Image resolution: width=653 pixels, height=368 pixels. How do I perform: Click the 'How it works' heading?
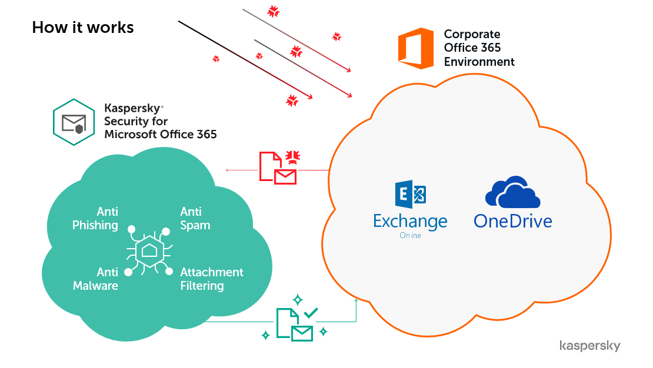click(83, 27)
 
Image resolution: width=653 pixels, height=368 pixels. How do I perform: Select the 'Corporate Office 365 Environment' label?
click(479, 48)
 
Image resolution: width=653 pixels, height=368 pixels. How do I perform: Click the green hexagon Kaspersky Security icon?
click(74, 122)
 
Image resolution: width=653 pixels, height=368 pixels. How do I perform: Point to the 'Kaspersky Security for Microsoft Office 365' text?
click(160, 122)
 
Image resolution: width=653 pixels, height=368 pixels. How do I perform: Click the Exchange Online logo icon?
click(411, 195)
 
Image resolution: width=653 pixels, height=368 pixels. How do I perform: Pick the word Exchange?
click(410, 222)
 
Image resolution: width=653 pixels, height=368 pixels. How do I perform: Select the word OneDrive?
click(512, 221)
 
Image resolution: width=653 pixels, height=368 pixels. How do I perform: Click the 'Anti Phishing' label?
click(95, 218)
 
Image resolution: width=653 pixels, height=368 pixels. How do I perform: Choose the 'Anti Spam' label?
click(195, 218)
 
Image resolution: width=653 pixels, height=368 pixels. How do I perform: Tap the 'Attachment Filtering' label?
click(211, 279)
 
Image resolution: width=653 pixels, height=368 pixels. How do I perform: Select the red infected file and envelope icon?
click(278, 168)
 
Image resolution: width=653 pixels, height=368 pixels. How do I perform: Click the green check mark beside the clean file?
click(311, 313)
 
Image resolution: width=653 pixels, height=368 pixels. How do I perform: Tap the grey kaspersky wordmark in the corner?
click(589, 346)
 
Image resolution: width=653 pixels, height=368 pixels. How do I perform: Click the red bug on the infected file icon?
click(292, 157)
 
